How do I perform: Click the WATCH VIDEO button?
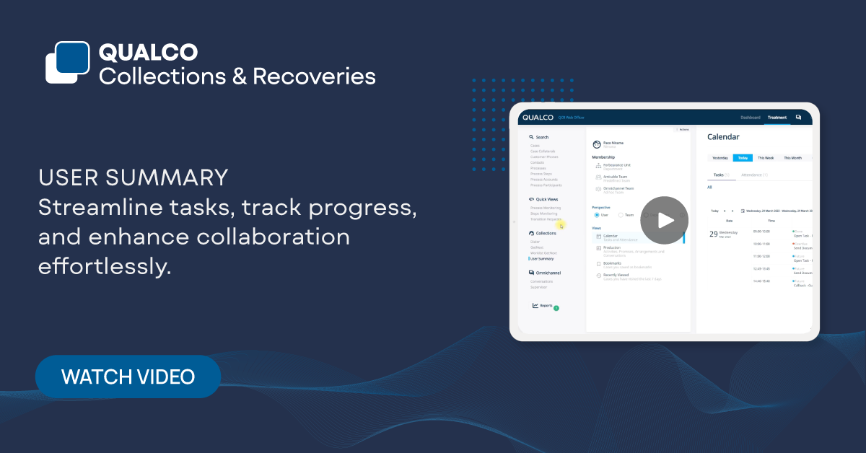pos(128,377)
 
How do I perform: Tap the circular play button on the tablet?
pos(664,220)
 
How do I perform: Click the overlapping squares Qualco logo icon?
pos(66,63)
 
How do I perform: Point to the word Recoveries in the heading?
pos(314,76)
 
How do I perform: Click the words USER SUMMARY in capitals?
pos(134,177)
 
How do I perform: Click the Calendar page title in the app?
pos(723,137)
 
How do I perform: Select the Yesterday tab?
pos(720,157)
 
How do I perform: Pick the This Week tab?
pos(765,157)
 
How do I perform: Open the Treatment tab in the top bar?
pos(777,117)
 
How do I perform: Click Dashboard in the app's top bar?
pos(751,117)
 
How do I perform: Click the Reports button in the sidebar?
pos(545,306)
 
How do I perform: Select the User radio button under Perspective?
pos(597,215)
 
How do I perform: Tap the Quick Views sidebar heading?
pos(546,199)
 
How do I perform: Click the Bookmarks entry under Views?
pos(613,263)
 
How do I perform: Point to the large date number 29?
pos(713,234)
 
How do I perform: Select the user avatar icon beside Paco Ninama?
pos(597,144)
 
